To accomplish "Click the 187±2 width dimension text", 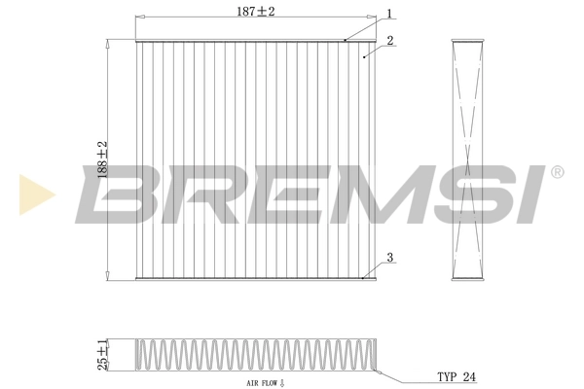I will click(256, 11).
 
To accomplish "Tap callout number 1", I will click(389, 14).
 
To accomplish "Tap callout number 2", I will click(388, 41).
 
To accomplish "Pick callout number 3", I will click(389, 258).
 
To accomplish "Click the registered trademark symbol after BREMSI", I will click(557, 172).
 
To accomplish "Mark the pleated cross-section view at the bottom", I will click(253, 355).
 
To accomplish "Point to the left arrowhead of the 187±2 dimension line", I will click(137, 18).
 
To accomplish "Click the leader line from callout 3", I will click(374, 269).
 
